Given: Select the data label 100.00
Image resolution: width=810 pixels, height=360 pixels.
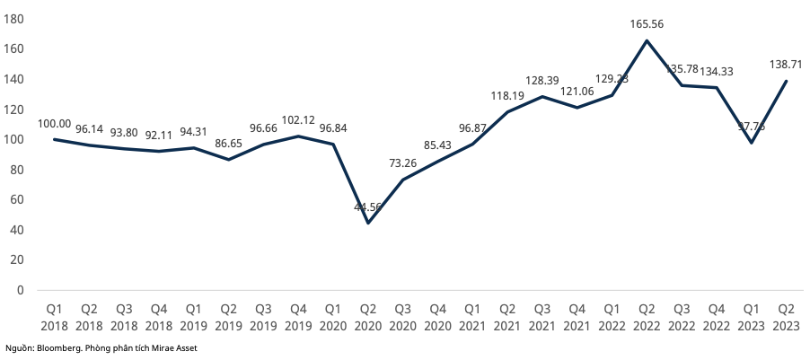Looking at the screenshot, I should tap(55, 123).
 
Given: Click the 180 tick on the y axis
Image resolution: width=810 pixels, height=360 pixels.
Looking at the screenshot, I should tap(15, 19).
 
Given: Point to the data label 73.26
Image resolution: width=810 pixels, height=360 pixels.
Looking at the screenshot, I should tap(401, 163).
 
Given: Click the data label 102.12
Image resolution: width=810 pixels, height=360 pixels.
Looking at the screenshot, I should tap(297, 119).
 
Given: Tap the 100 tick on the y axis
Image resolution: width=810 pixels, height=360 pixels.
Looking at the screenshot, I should tap(15, 139).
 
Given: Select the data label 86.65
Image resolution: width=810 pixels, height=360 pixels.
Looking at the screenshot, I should tap(228, 143).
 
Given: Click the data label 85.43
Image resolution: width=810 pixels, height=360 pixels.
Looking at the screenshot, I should tap(436, 145).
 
